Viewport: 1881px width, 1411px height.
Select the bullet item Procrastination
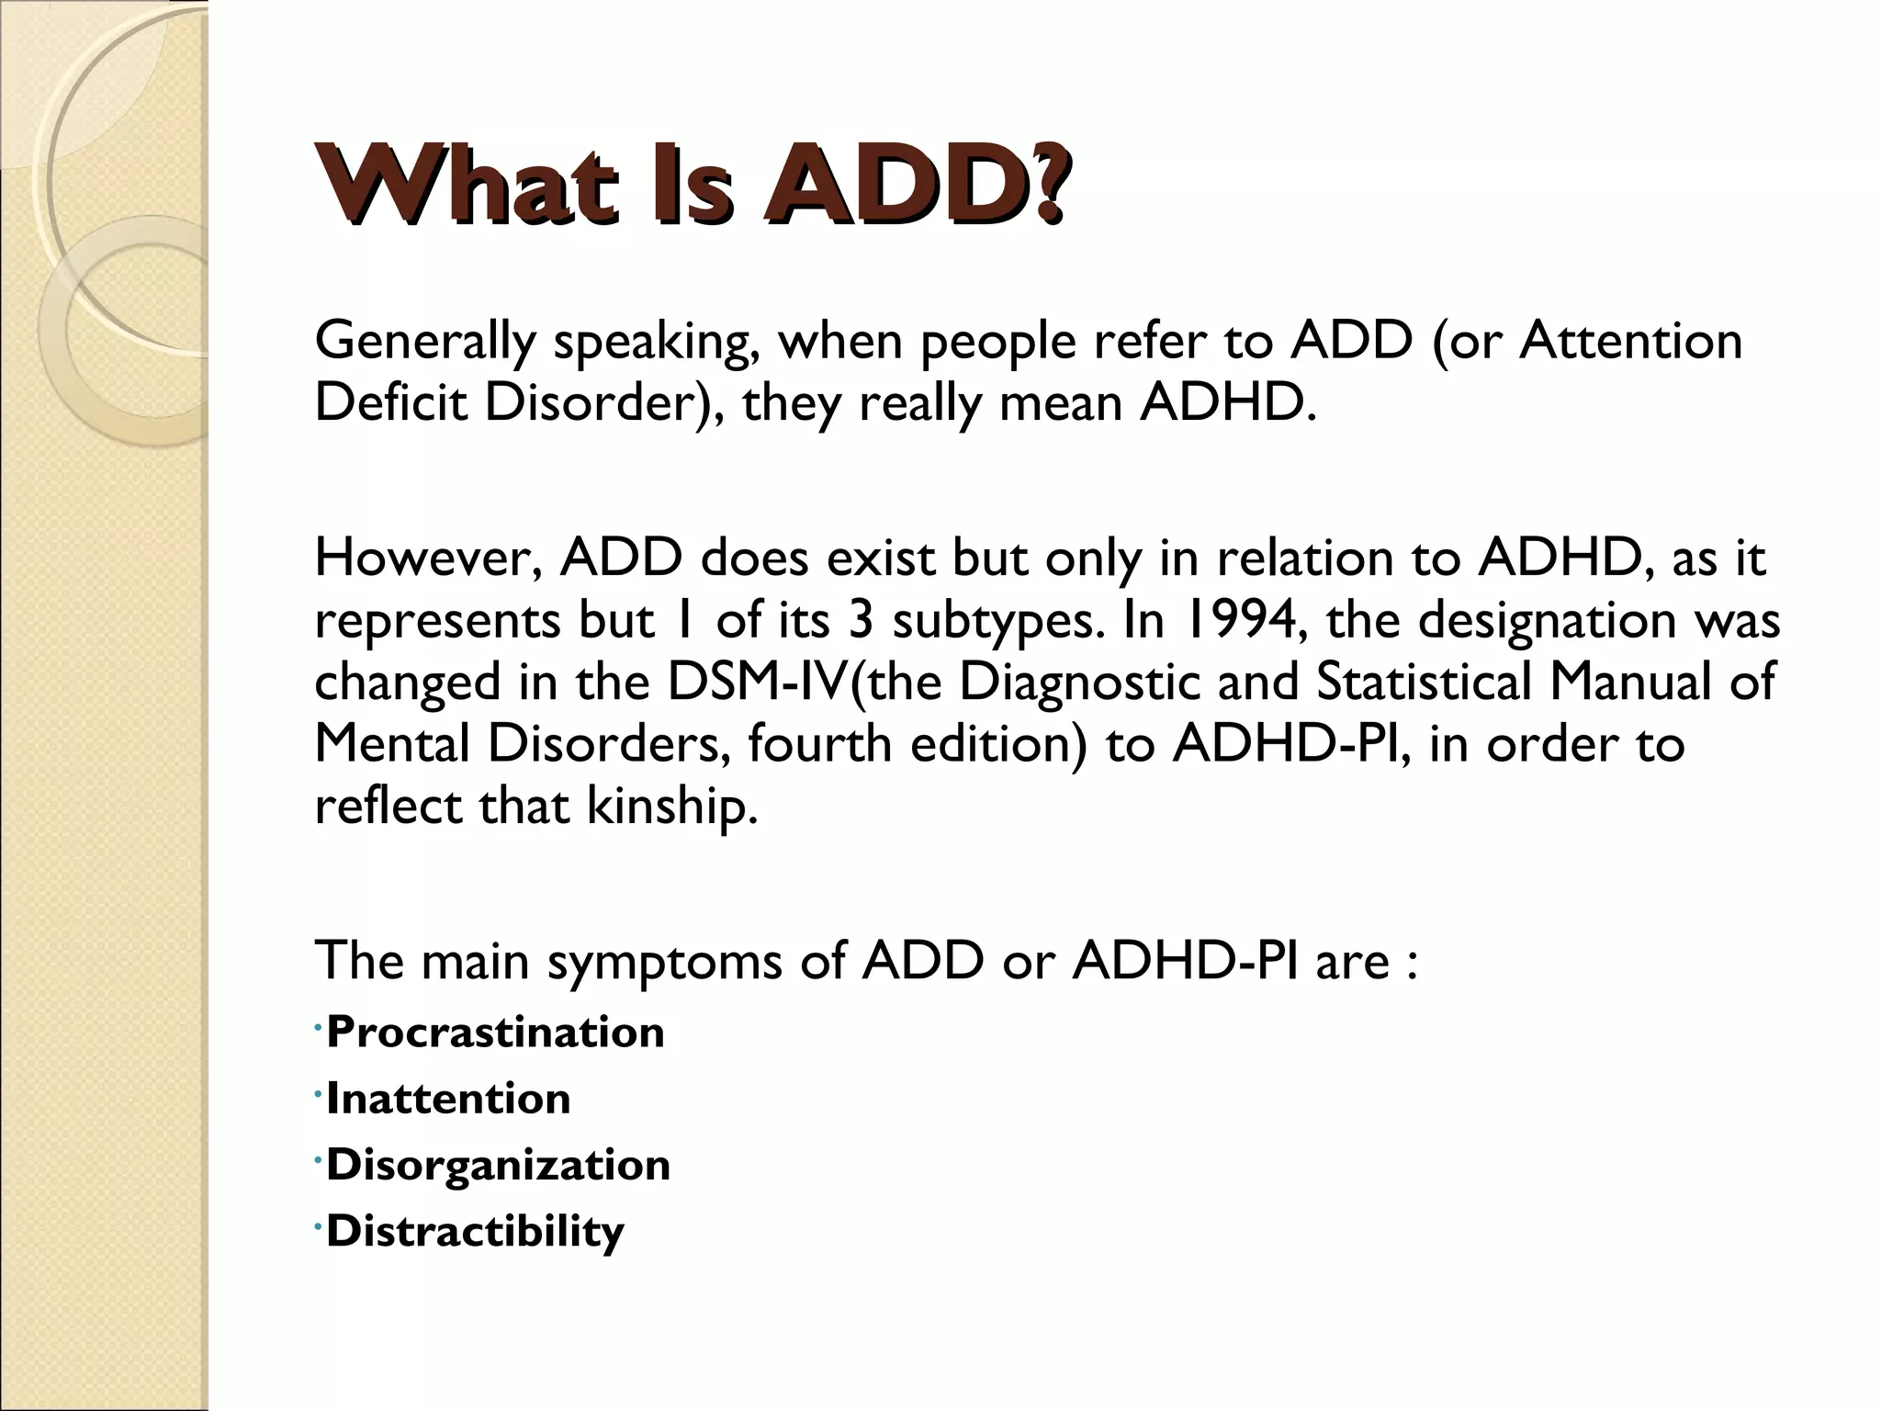495,1032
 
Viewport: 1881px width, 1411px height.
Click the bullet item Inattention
448,1098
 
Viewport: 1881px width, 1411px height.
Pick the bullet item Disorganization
498,1165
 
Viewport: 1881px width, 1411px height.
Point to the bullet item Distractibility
475,1231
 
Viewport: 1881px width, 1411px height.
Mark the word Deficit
391,402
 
